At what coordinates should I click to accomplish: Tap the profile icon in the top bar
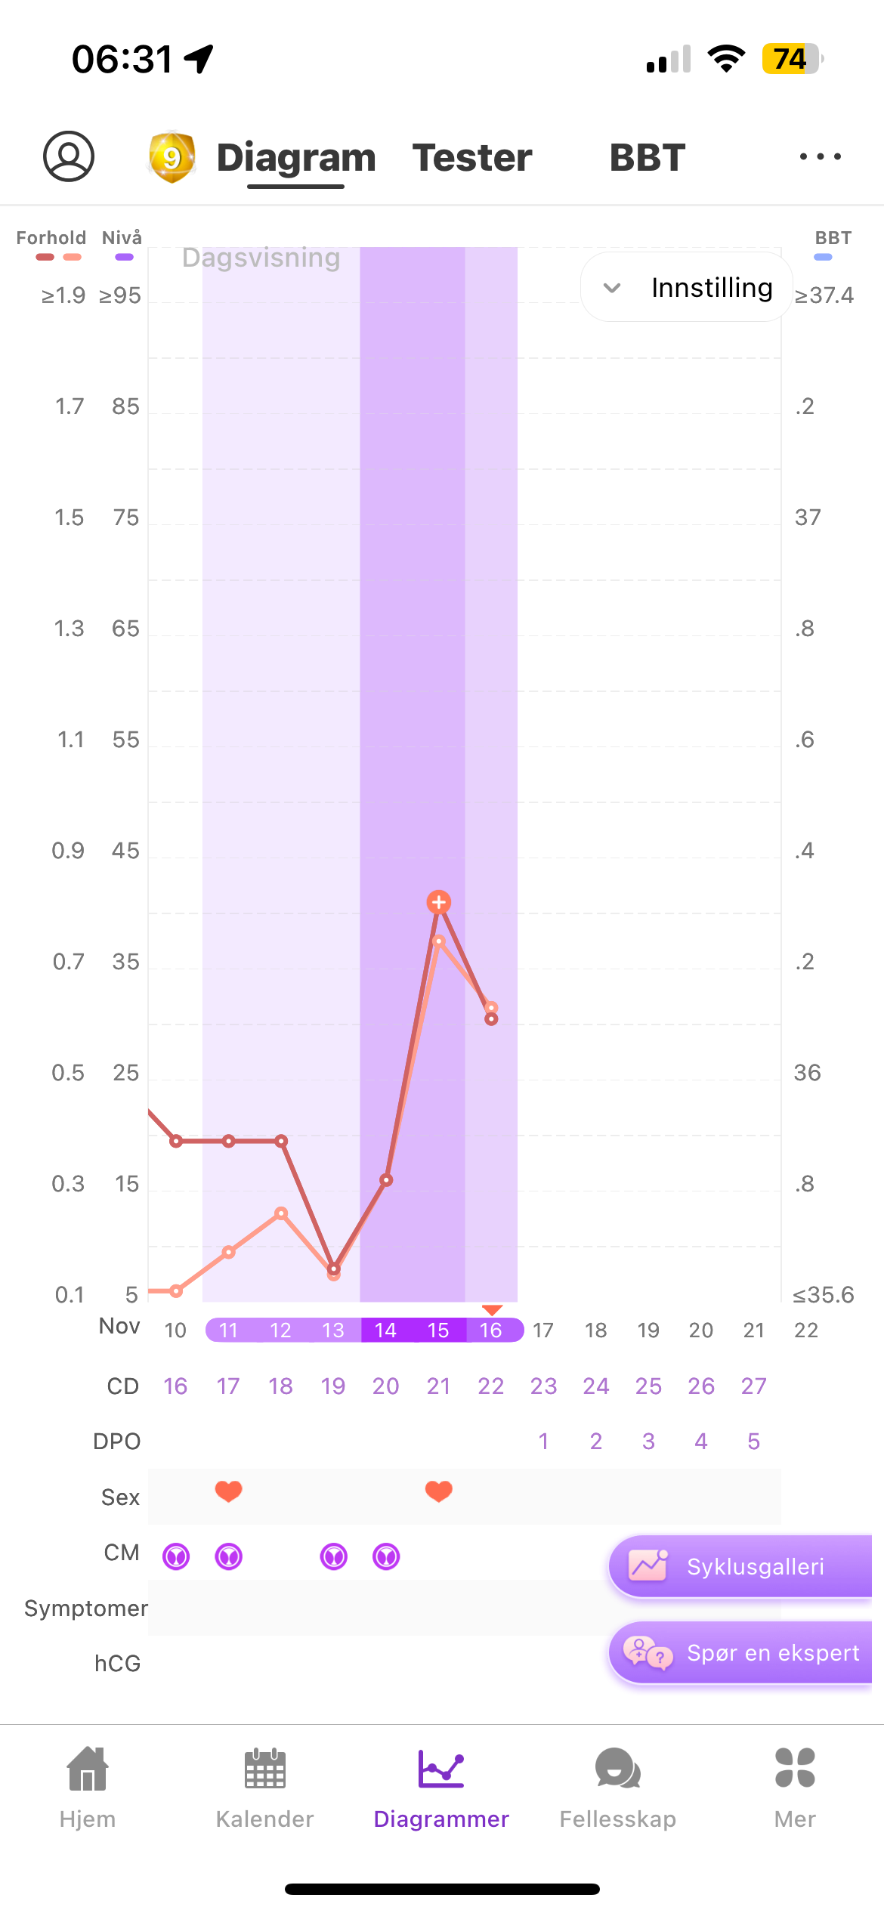[x=69, y=156]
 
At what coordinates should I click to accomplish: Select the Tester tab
[x=472, y=158]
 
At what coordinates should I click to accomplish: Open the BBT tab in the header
[x=648, y=158]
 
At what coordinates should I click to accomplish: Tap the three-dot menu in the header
[x=820, y=157]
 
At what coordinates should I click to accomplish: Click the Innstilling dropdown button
[x=687, y=288]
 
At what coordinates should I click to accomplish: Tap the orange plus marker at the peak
[x=439, y=901]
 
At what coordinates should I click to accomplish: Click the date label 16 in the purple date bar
[x=491, y=1330]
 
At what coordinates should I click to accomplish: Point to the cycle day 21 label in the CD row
[x=438, y=1386]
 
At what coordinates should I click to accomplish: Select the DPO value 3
[x=648, y=1442]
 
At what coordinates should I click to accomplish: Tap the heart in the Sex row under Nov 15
[x=439, y=1491]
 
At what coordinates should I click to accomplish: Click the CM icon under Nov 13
[x=334, y=1556]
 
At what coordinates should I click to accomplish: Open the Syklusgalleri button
[x=740, y=1566]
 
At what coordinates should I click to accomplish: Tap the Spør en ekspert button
[x=740, y=1653]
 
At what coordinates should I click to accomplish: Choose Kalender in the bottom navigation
[x=264, y=1787]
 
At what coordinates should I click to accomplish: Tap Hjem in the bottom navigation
[x=88, y=1787]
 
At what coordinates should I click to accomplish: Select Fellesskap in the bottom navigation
[x=618, y=1787]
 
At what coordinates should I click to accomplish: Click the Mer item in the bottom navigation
[x=795, y=1787]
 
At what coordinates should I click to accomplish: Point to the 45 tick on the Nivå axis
[x=125, y=851]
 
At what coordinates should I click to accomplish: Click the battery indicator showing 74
[x=791, y=59]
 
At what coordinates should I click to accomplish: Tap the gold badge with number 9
[x=172, y=157]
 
